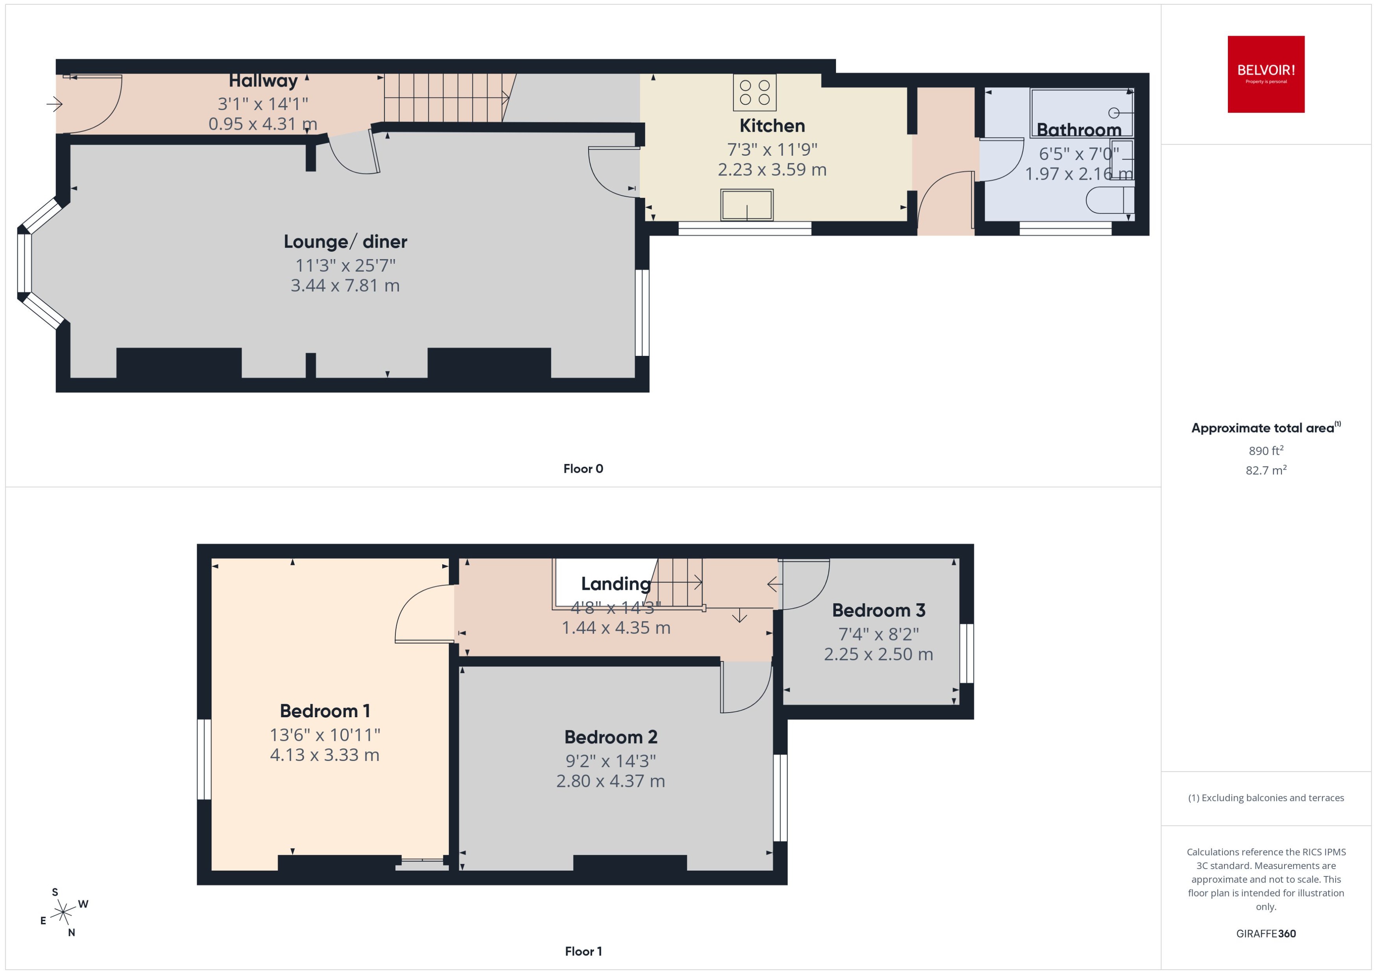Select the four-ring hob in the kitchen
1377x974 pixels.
click(x=754, y=93)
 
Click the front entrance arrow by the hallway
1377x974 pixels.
click(x=55, y=104)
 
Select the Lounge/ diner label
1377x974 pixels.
click(x=345, y=242)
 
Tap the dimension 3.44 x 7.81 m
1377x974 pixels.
click(x=345, y=285)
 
